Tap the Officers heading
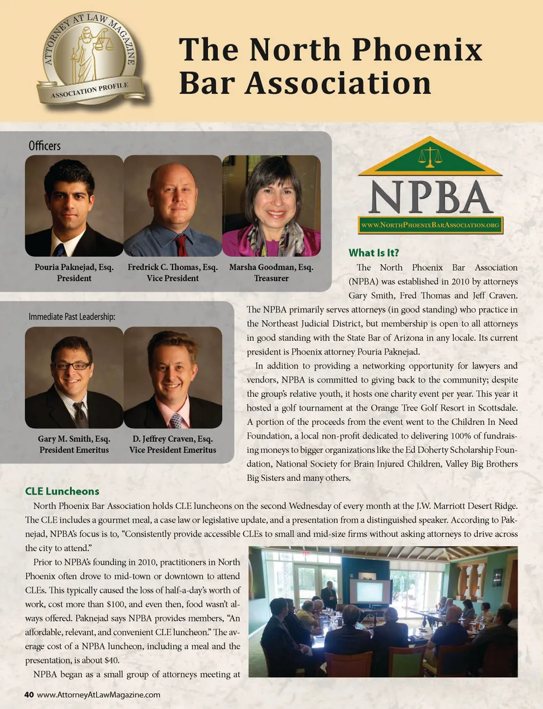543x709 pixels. (x=45, y=146)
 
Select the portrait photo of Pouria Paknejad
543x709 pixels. (x=74, y=206)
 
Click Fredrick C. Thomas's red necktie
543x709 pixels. (x=182, y=245)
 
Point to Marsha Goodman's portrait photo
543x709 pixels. (x=271, y=206)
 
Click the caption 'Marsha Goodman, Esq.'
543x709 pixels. (x=271, y=267)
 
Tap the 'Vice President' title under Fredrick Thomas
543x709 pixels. (x=173, y=279)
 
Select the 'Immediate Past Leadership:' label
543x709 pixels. (x=72, y=316)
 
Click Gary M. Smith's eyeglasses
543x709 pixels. (x=71, y=366)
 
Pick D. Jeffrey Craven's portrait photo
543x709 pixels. (x=173, y=377)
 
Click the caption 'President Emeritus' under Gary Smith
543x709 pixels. (x=74, y=450)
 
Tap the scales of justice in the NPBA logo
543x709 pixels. (x=430, y=156)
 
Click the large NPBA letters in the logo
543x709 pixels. (x=430, y=198)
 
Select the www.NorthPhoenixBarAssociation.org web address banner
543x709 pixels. (x=430, y=225)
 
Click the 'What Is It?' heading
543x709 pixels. (x=373, y=253)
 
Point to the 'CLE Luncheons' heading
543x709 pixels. (x=62, y=491)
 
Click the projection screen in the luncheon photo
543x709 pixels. (x=369, y=591)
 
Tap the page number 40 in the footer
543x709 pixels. (x=29, y=695)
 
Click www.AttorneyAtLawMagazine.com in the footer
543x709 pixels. (x=98, y=695)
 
